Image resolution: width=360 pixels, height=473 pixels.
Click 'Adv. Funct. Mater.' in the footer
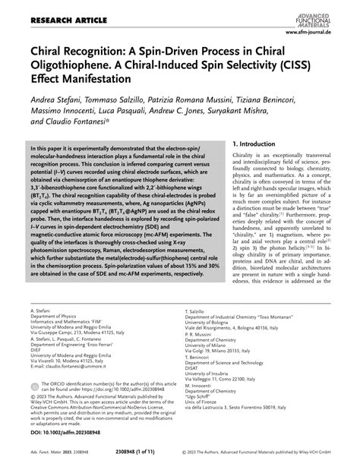click(49, 461)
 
